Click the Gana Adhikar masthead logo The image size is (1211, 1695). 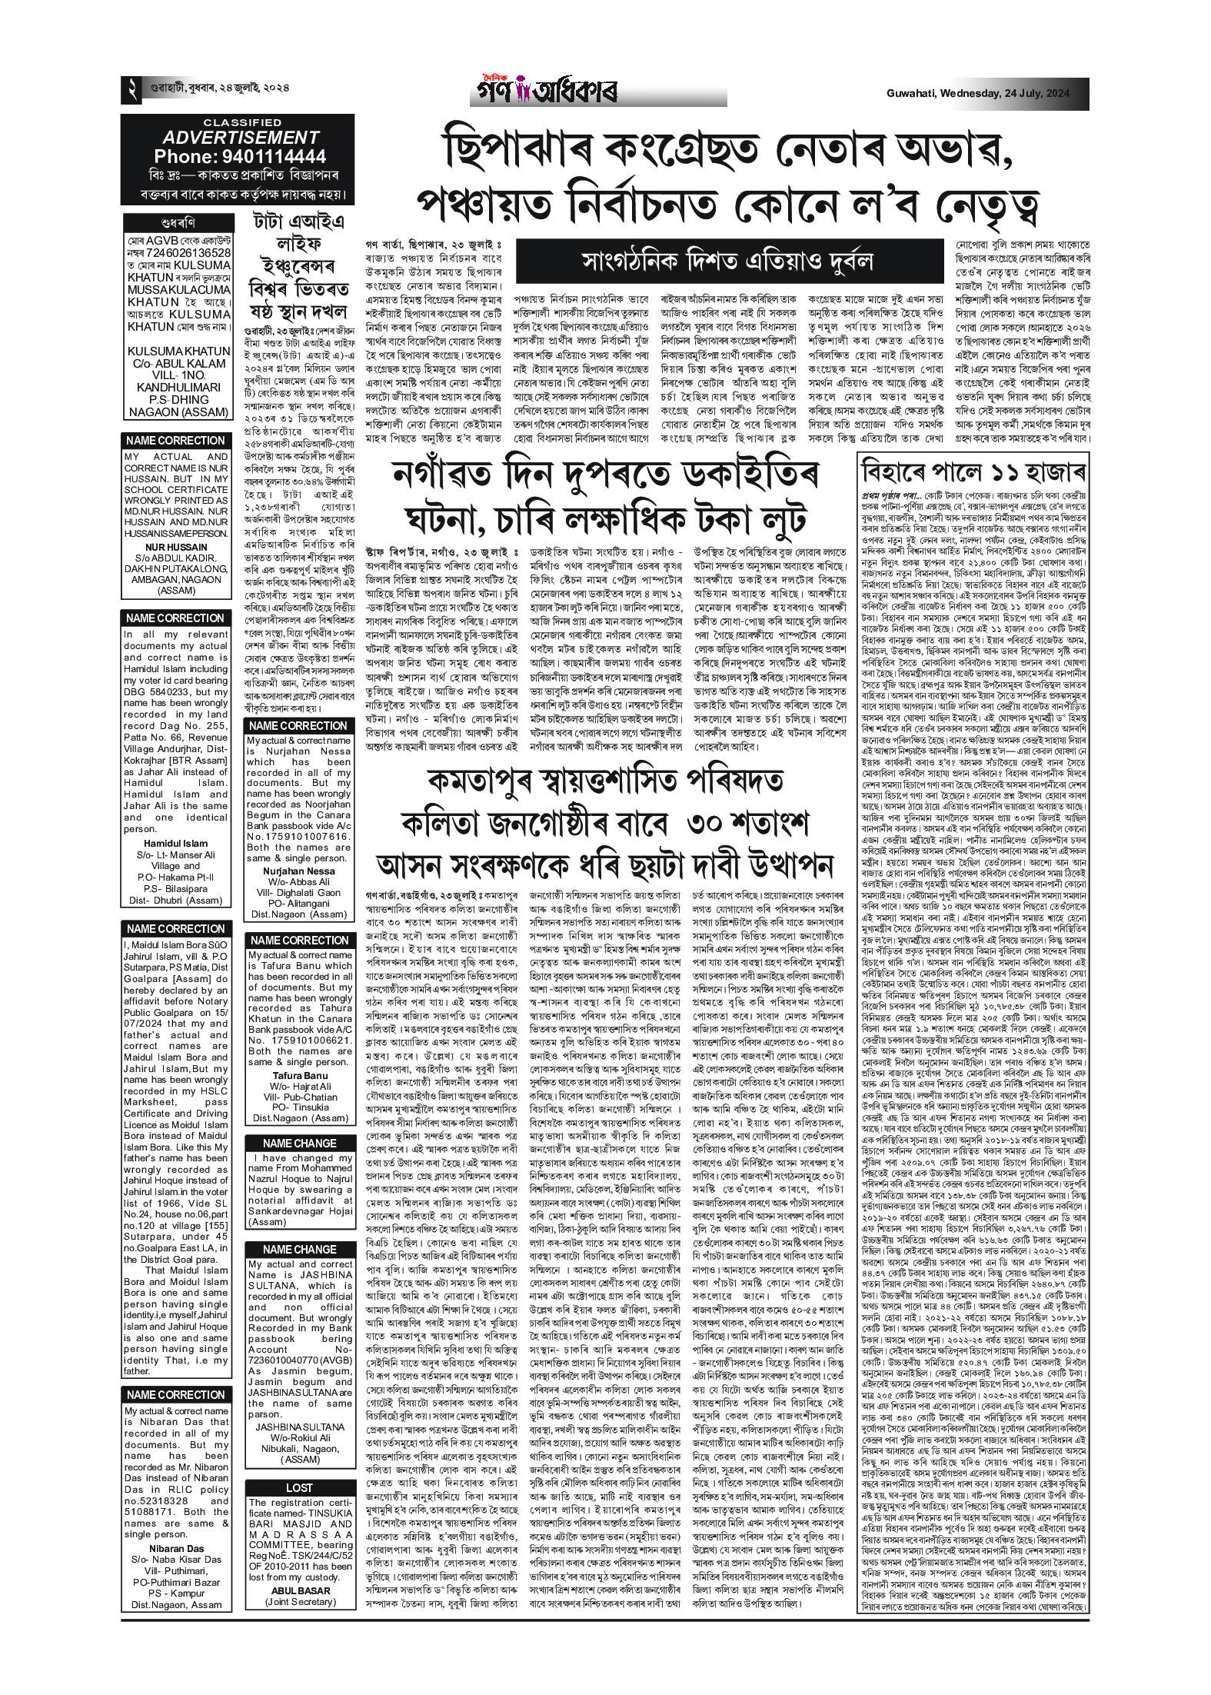543,92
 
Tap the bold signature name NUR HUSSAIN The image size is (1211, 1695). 177,548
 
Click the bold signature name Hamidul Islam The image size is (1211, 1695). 177,844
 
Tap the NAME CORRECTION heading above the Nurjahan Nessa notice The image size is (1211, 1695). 298,726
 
